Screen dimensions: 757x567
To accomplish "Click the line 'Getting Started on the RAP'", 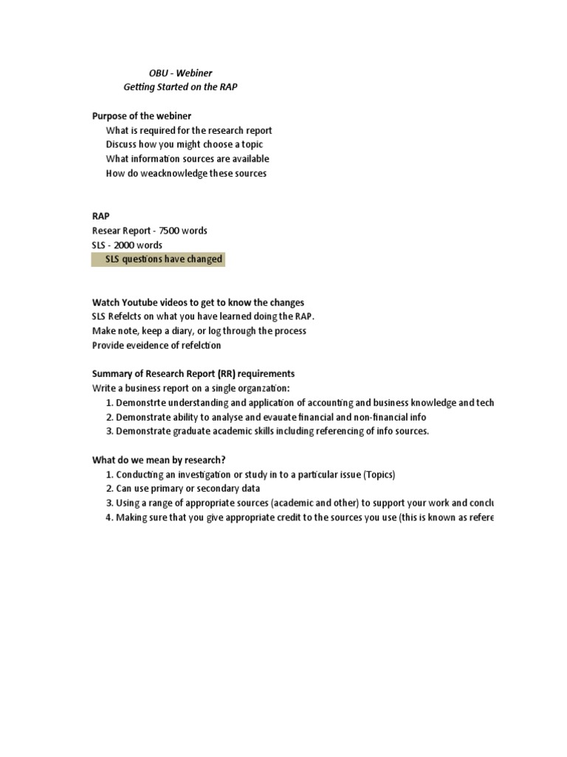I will [180, 87].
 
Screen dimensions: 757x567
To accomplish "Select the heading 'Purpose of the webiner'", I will [142, 116].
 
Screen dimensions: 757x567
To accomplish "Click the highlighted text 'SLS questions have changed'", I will [163, 259].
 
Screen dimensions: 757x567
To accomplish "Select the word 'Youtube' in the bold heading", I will [140, 302].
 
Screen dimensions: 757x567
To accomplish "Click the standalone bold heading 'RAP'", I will [100, 216].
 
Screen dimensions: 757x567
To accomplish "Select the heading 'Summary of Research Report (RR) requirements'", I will [193, 373].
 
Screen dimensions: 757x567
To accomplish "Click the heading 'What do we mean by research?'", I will [159, 460].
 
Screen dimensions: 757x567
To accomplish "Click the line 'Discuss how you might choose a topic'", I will [184, 144].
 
